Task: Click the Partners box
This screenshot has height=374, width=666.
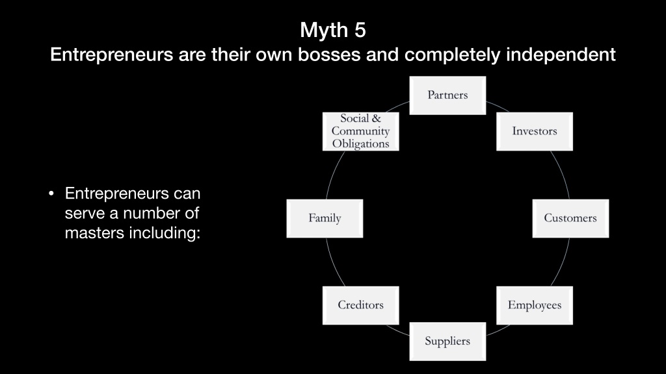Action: [x=447, y=95]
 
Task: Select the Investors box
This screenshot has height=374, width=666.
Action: [x=535, y=131]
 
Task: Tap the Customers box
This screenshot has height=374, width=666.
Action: [x=570, y=218]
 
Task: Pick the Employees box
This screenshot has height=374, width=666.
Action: [x=535, y=305]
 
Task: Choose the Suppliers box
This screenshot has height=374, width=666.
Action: [x=447, y=342]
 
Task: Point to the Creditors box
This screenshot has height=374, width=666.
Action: [x=360, y=305]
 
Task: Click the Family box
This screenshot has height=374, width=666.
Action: [x=325, y=218]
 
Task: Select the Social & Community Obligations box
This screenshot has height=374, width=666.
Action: [x=360, y=131]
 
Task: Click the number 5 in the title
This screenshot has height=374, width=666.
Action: [x=359, y=30]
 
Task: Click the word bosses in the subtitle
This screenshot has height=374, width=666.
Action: [x=329, y=55]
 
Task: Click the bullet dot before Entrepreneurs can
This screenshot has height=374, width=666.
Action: [x=51, y=193]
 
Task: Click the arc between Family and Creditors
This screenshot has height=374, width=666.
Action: [x=334, y=263]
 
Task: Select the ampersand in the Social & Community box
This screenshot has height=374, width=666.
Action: [x=377, y=119]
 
